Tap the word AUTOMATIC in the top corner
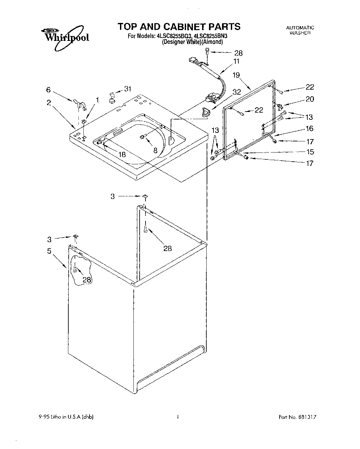coord(300,28)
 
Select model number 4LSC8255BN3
coord(215,36)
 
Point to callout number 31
coord(128,89)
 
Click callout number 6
coord(48,89)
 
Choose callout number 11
coord(236,61)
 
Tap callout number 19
coord(236,75)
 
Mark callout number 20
coord(309,99)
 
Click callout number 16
coord(309,128)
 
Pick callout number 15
coord(309,152)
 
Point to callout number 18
coord(122,154)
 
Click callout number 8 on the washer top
coord(155,150)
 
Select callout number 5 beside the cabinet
coord(49,251)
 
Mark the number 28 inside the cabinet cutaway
coord(87,279)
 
